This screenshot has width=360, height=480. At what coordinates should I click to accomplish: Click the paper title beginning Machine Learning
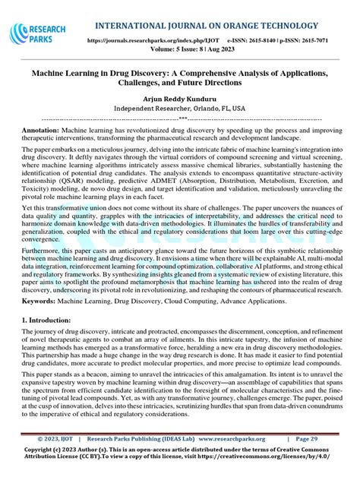[x=179, y=77]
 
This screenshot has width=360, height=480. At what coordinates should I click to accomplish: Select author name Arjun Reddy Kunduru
[x=179, y=99]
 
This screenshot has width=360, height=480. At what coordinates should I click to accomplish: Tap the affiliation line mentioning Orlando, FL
[x=179, y=109]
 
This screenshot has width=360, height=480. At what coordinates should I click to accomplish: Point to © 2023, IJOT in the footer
[x=56, y=439]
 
